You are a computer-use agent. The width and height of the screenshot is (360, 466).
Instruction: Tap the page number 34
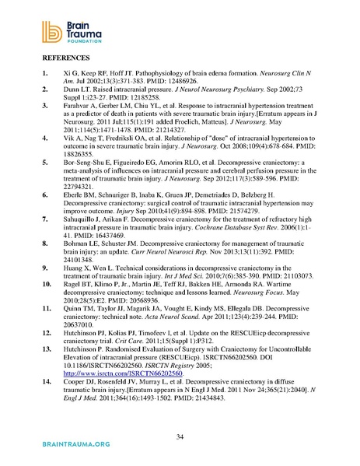[x=179, y=435]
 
